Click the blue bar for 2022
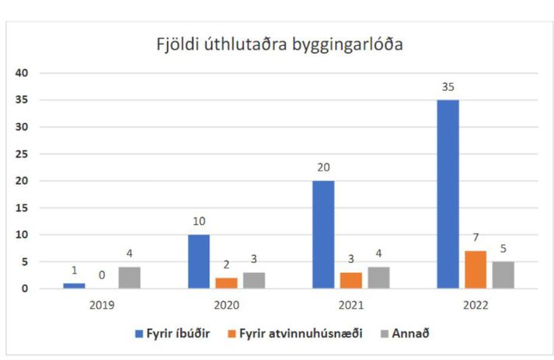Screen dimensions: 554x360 click(448, 194)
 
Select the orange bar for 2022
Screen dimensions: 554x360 click(476, 270)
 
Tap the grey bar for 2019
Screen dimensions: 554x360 click(129, 278)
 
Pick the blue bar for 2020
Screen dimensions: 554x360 click(199, 262)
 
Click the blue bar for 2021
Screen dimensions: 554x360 click(323, 235)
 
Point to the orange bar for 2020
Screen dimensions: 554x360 click(226, 283)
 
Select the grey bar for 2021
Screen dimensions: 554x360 click(378, 278)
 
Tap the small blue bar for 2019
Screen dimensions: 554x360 click(74, 286)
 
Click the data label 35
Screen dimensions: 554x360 click(448, 87)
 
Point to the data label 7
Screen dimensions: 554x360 click(476, 237)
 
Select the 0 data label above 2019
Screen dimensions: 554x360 click(102, 275)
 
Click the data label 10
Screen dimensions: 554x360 click(199, 222)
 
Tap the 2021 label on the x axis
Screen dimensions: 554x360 click(351, 305)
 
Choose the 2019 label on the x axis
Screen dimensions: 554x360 click(102, 305)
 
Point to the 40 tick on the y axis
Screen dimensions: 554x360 click(22, 73)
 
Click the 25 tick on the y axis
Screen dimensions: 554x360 click(22, 154)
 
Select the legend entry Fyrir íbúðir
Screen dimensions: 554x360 click(172, 334)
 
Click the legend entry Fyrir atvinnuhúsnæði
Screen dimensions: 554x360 click(295, 334)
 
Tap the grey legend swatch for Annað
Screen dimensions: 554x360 click(385, 334)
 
